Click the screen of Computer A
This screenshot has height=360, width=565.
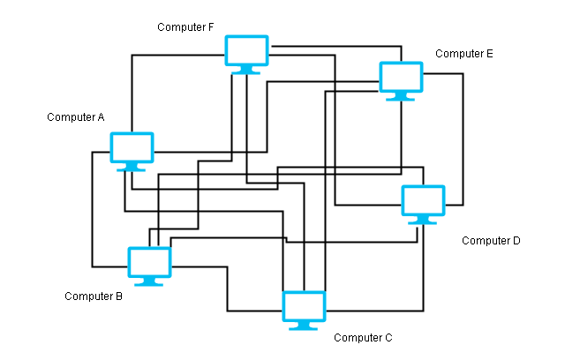[x=132, y=147]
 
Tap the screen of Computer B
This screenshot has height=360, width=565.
[x=149, y=262]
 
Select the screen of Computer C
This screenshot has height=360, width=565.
[x=304, y=307]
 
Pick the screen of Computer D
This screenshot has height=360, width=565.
[x=424, y=200]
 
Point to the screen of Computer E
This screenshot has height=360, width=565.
[x=401, y=77]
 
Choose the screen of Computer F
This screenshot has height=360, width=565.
[x=247, y=50]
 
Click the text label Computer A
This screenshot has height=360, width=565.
[x=76, y=117]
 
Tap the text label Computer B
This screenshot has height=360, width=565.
[x=94, y=296]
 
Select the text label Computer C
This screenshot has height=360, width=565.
[x=363, y=338]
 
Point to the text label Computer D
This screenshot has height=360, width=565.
[x=491, y=241]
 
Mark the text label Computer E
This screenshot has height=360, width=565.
[x=464, y=54]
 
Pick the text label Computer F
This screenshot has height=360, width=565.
[x=185, y=27]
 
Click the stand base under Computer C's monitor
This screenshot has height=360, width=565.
[x=304, y=328]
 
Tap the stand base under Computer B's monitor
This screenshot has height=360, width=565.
[x=149, y=284]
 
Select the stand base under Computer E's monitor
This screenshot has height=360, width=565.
[x=400, y=99]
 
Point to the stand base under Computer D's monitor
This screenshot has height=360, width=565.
[x=423, y=222]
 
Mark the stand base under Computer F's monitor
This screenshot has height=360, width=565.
[x=246, y=72]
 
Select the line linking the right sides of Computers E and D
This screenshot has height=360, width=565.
[x=463, y=139]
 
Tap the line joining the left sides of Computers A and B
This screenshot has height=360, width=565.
[x=92, y=209]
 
